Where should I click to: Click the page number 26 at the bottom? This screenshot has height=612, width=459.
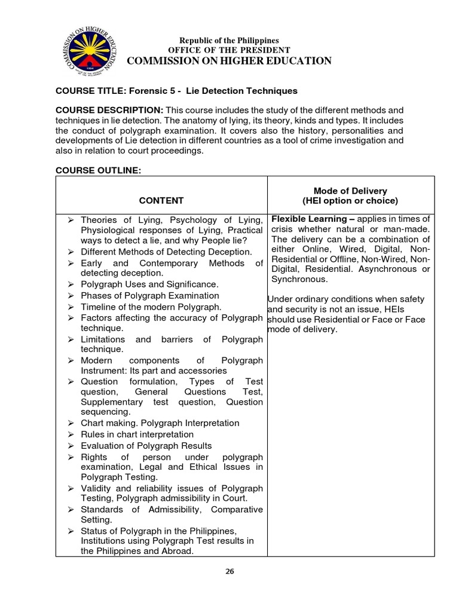[229, 571]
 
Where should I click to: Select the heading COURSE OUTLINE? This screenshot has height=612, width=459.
[98, 170]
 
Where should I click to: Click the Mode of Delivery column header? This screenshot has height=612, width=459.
[350, 195]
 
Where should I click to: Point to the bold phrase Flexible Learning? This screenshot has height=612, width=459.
[308, 219]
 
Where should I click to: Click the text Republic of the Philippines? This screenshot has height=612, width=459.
[229, 40]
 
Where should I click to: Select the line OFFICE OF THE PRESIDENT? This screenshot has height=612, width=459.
[229, 50]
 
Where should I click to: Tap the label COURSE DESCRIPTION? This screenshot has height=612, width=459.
[109, 111]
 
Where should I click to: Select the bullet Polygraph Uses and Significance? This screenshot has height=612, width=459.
[149, 284]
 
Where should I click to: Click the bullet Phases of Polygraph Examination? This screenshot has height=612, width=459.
[149, 296]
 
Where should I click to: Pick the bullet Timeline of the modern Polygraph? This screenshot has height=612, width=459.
[151, 307]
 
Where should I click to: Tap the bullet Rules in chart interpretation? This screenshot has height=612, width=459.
[137, 434]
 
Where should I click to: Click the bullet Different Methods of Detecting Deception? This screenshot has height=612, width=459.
[166, 252]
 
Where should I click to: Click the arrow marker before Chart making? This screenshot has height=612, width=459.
[70, 423]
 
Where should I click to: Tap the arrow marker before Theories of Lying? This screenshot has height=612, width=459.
[70, 220]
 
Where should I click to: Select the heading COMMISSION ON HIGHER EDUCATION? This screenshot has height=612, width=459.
[229, 61]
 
